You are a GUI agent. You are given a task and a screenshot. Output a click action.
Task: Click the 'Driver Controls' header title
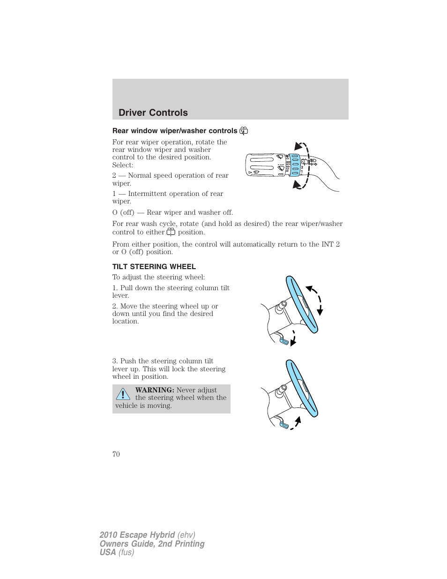tap(153, 113)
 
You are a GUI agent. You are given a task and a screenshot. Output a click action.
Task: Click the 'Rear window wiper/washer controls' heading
tap(175, 131)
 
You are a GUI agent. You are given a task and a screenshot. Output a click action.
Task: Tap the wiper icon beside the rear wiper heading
tap(244, 131)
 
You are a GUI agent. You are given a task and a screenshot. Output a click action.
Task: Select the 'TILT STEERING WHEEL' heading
tap(154, 266)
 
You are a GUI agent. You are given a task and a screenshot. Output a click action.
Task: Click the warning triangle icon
tap(123, 394)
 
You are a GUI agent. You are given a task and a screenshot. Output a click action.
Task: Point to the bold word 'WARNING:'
tap(155, 390)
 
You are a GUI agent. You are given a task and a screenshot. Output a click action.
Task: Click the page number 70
tap(116, 454)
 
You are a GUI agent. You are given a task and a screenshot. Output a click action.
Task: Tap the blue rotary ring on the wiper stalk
tap(295, 165)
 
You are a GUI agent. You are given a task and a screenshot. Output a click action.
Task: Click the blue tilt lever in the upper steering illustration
tap(283, 340)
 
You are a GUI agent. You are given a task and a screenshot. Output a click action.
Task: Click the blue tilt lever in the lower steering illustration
tap(283, 425)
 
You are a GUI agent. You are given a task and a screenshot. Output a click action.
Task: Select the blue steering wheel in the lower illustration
tap(302, 388)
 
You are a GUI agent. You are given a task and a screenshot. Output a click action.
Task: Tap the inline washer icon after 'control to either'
tap(171, 232)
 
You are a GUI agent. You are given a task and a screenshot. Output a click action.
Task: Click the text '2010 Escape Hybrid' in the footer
tap(137, 535)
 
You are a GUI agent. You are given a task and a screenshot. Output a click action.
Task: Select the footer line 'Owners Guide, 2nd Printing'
tap(152, 543)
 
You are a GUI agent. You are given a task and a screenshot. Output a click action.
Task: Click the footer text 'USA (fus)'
tap(117, 552)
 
